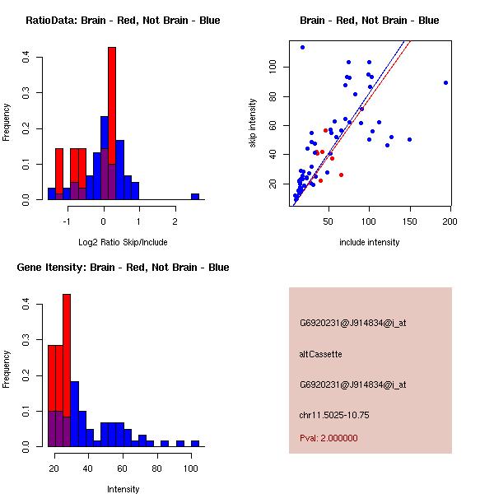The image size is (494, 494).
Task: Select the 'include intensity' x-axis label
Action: click(369, 243)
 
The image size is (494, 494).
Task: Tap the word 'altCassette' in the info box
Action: click(320, 354)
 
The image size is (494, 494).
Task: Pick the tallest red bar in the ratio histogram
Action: click(112, 123)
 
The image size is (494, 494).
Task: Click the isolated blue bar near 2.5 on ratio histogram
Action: click(195, 197)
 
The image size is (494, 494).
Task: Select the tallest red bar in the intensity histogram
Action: click(67, 370)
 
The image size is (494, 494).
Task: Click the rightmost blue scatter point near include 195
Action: click(445, 82)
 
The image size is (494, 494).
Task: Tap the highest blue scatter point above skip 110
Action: click(302, 47)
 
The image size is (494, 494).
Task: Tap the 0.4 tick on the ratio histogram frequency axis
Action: click(27, 57)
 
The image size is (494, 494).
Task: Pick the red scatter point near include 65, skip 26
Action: click(341, 175)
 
